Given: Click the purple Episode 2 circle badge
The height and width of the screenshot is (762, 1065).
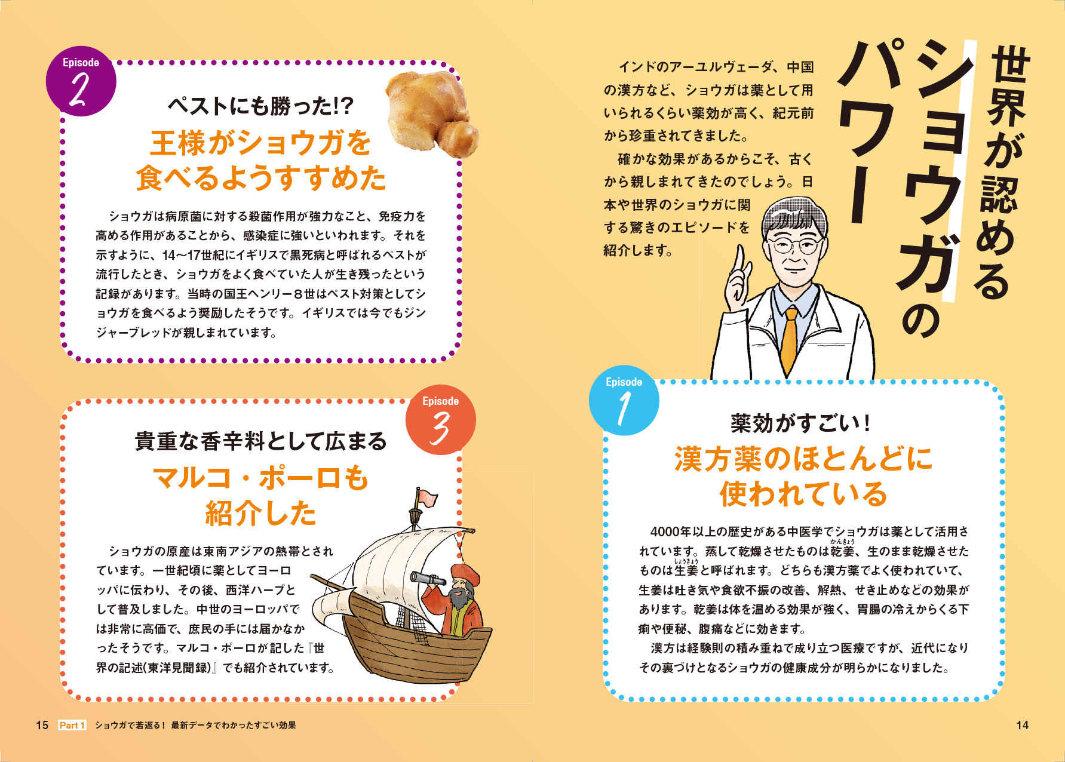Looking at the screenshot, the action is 81,81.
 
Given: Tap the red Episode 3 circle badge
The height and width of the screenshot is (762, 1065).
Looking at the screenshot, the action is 441,420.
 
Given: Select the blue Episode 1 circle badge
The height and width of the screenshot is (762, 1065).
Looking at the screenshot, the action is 624,400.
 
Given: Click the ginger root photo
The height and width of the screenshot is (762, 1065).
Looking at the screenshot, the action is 432,113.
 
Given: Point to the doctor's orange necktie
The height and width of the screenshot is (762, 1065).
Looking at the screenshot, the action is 790,341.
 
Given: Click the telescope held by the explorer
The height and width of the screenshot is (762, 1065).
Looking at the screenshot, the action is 427,577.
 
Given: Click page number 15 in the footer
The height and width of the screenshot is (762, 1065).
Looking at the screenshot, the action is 42,725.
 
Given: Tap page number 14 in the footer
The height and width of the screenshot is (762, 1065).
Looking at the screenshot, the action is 1022,725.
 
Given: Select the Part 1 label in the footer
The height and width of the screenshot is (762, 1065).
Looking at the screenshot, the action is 72,725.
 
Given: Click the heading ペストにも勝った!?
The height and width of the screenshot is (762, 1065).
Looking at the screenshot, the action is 261,106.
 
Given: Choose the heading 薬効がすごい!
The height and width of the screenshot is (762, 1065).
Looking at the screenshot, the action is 800,423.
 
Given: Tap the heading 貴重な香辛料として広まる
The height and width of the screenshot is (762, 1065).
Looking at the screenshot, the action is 261,441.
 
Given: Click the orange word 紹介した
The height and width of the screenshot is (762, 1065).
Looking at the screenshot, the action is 261,513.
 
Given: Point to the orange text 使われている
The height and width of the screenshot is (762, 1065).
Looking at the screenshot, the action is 803,494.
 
